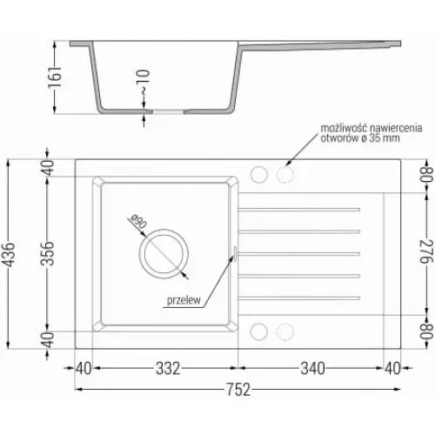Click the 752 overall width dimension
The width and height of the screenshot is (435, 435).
238,389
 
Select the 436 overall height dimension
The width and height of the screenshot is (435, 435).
9,254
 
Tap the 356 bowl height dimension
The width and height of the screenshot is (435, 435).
47,253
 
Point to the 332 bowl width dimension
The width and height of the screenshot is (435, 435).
168,368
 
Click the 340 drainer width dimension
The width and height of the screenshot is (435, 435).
312,368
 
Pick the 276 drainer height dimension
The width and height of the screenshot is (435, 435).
426,251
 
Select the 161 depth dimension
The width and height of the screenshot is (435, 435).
55,77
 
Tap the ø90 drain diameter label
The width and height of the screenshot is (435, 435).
138,222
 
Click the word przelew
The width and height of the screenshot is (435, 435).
184,300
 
